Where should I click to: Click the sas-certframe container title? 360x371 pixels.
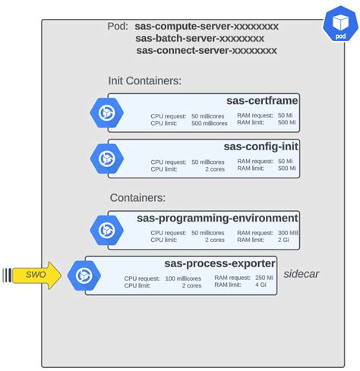[262, 101]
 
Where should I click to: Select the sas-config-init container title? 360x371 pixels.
[261, 146]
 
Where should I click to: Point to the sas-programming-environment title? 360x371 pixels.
[217, 218]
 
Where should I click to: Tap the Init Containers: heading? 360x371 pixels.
[144, 81]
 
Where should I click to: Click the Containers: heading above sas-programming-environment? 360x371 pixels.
[137, 198]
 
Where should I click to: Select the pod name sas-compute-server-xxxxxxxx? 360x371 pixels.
[207, 27]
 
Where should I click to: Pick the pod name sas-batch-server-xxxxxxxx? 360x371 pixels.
[200, 39]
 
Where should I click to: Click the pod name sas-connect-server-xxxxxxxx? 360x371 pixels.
[207, 51]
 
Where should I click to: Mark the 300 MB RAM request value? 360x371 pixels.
[288, 232]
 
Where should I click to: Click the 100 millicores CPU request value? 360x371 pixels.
[185, 278]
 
